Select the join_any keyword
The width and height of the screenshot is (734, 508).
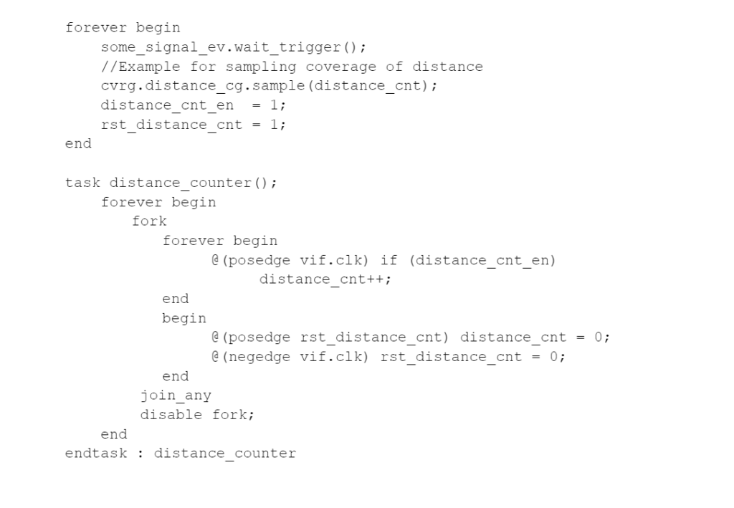[176, 396]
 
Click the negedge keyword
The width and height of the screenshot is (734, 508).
[255, 357]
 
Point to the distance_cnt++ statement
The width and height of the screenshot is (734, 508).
[325, 279]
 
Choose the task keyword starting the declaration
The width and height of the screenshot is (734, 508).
[82, 183]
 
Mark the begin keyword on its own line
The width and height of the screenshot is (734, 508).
[184, 318]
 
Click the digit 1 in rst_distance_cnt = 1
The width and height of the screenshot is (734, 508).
[282, 125]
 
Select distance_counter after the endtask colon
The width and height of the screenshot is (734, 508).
[224, 454]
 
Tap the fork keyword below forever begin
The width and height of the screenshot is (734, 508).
[149, 221]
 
